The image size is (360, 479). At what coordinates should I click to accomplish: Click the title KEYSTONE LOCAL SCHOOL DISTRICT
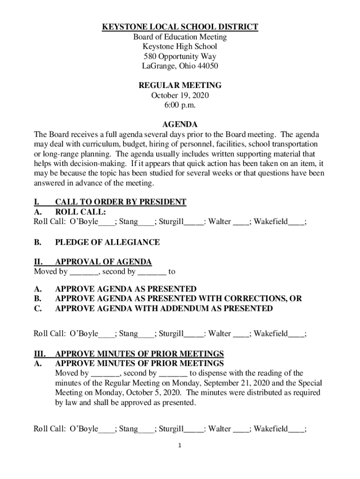pyautogui.click(x=180, y=27)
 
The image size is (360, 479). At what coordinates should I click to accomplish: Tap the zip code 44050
pyautogui.click(x=208, y=66)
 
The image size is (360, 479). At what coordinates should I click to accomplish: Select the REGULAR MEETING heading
pyautogui.click(x=180, y=86)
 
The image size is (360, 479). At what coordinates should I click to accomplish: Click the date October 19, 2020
pyautogui.click(x=180, y=95)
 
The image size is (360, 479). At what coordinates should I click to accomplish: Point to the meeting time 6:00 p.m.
pyautogui.click(x=180, y=105)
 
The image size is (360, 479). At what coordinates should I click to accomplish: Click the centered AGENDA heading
pyautogui.click(x=180, y=125)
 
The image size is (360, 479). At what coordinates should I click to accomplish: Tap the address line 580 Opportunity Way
pyautogui.click(x=180, y=56)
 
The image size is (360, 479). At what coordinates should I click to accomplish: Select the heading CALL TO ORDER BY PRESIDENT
pyautogui.click(x=121, y=202)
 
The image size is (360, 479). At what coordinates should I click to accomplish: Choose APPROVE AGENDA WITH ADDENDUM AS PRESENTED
pyautogui.click(x=164, y=309)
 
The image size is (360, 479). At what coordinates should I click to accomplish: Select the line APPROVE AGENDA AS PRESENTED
pyautogui.click(x=126, y=289)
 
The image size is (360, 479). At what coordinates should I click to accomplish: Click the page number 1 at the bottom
pyautogui.click(x=180, y=445)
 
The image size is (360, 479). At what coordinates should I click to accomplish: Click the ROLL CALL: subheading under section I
pyautogui.click(x=80, y=212)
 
